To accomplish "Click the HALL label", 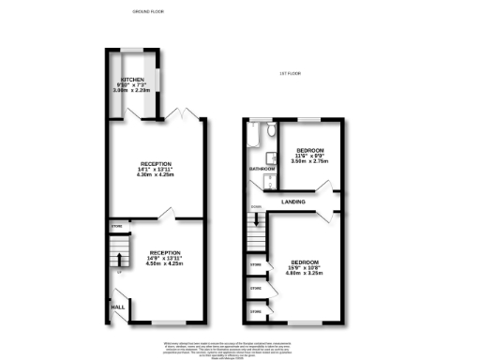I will coord(118,307).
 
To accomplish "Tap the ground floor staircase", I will coord(117,251).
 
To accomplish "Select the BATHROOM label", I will coord(261,169).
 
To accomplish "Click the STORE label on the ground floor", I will coord(117,226).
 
